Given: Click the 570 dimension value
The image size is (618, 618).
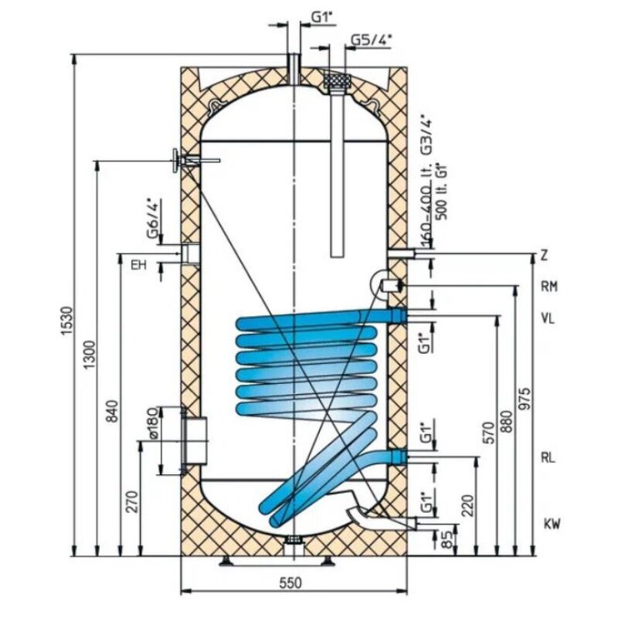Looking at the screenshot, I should point(487,436).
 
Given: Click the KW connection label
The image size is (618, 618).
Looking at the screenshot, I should point(550,525).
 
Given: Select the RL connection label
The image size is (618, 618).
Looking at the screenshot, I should point(549,457).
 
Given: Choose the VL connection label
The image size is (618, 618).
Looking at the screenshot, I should point(549,316).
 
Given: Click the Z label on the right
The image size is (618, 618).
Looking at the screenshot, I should point(544,255).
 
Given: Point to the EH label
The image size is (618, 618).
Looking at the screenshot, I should point(138,266).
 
